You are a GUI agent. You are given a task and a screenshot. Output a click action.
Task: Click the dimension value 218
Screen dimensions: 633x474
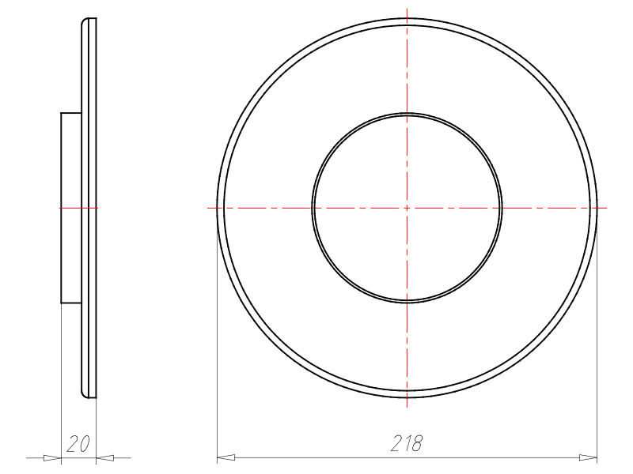(407, 443)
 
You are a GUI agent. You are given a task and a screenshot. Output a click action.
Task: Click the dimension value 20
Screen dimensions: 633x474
(78, 444)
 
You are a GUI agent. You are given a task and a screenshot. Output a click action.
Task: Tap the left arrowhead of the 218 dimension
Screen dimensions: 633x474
(226, 457)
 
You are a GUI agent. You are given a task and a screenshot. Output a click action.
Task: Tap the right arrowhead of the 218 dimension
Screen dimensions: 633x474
(588, 457)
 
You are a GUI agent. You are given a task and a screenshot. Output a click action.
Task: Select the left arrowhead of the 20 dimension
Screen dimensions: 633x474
(52, 457)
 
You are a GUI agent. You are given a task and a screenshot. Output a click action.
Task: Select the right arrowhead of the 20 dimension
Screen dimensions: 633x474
(105, 457)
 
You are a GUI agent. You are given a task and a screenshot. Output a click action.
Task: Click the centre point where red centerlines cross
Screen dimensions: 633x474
(407, 208)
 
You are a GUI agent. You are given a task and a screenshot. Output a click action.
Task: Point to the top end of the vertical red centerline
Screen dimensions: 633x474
(407, 9)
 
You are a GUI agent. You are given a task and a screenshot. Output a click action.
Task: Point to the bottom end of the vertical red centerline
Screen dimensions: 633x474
(407, 407)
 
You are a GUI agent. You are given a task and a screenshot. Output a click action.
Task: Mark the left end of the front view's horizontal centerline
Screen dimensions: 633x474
(207, 208)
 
